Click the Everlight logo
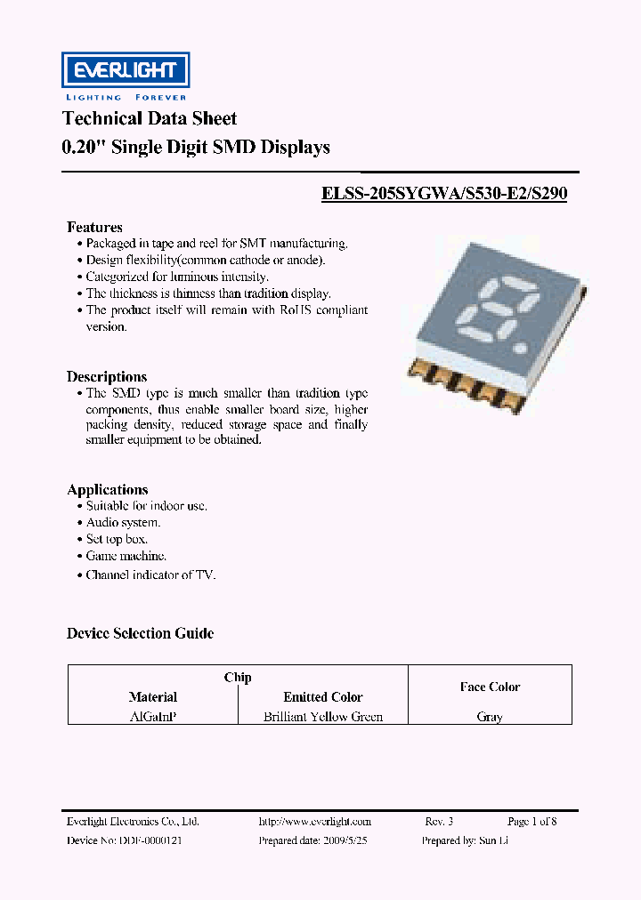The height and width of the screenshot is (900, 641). click(x=125, y=70)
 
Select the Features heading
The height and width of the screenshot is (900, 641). click(x=94, y=227)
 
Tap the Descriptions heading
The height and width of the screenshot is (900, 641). click(x=107, y=376)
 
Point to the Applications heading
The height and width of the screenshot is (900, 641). click(x=107, y=489)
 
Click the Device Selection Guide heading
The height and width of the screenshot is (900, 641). click(x=140, y=633)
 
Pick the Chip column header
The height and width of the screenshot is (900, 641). click(x=238, y=678)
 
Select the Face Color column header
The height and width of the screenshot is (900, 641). click(x=490, y=687)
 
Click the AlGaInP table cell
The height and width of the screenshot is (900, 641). click(x=153, y=717)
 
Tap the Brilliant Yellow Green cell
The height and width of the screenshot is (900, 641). click(x=323, y=717)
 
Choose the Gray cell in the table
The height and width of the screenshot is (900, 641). click(x=490, y=717)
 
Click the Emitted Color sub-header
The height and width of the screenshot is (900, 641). click(x=323, y=697)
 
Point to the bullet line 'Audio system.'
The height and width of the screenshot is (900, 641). click(x=123, y=522)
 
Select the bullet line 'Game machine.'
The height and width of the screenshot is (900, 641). click(x=126, y=556)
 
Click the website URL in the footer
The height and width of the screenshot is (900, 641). click(x=314, y=822)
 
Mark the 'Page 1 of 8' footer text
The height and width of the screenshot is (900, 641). click(x=531, y=822)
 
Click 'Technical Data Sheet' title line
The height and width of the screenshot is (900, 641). click(x=150, y=118)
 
